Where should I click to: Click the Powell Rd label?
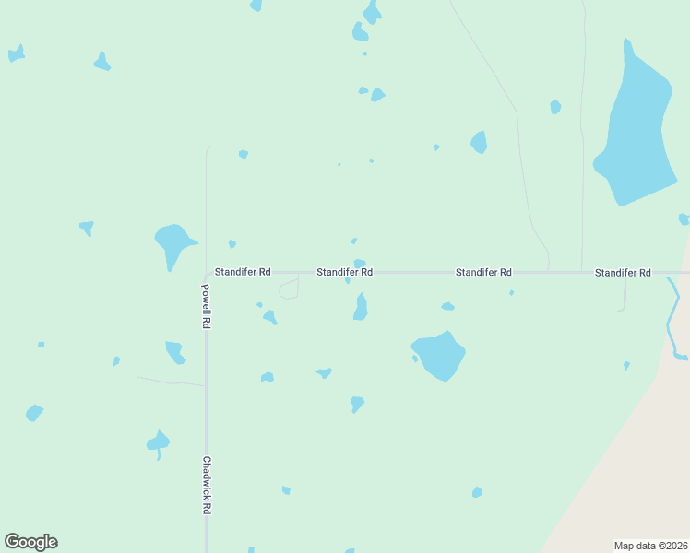207,307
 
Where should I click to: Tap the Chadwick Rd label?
208,485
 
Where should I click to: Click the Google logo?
30,542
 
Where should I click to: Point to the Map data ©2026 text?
650,546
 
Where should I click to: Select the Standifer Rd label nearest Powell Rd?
243,273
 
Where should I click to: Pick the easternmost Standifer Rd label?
623,273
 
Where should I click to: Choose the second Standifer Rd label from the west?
345,273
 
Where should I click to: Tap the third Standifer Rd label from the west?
483,273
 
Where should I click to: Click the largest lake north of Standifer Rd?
636,129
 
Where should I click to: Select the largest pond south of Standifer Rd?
440,355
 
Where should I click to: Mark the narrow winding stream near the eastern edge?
673,318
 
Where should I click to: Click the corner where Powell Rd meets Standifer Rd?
207,274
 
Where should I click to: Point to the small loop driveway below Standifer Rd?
289,289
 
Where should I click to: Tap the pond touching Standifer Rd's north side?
360,264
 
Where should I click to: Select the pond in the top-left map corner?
16,54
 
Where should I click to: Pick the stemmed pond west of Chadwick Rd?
158,442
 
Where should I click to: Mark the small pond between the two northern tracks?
555,107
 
